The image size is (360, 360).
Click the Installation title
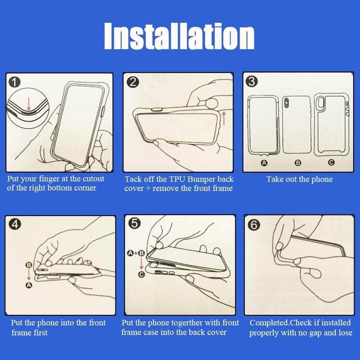pyautogui.click(x=179, y=36)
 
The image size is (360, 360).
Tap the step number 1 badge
pyautogui.click(x=15, y=82)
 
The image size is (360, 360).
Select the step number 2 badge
pyautogui.click(x=133, y=82)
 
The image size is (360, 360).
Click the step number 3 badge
pyautogui.click(x=252, y=81)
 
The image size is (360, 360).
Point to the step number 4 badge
pyautogui.click(x=15, y=224)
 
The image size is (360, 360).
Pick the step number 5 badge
pyautogui.click(x=134, y=223)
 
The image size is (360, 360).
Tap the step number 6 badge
pyautogui.click(x=254, y=224)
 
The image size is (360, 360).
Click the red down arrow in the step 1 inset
pyautogui.click(x=29, y=104)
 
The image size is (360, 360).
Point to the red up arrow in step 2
pyautogui.click(x=224, y=118)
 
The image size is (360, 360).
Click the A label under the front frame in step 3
pyautogui.click(x=264, y=163)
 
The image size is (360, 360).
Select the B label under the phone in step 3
pyautogui.click(x=298, y=163)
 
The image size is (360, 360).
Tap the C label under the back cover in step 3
pyautogui.click(x=331, y=163)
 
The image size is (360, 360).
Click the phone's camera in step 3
pyautogui.click(x=287, y=103)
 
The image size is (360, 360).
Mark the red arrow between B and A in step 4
pyautogui.click(x=29, y=275)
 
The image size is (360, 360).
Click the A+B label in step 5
pyautogui.click(x=136, y=253)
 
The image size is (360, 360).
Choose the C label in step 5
pyautogui.click(x=141, y=274)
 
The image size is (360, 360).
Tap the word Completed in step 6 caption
pyautogui.click(x=269, y=323)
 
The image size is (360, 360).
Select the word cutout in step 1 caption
pyautogui.click(x=93, y=179)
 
